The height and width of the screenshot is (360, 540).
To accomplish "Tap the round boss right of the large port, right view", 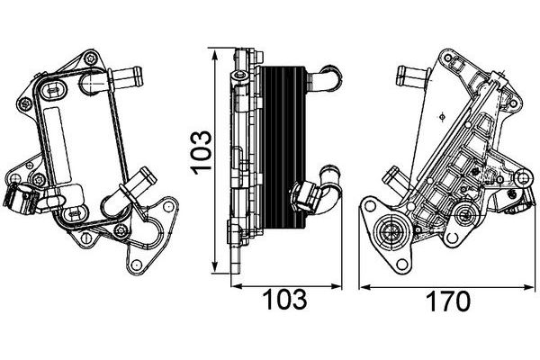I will pyautogui.click(x=464, y=215).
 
